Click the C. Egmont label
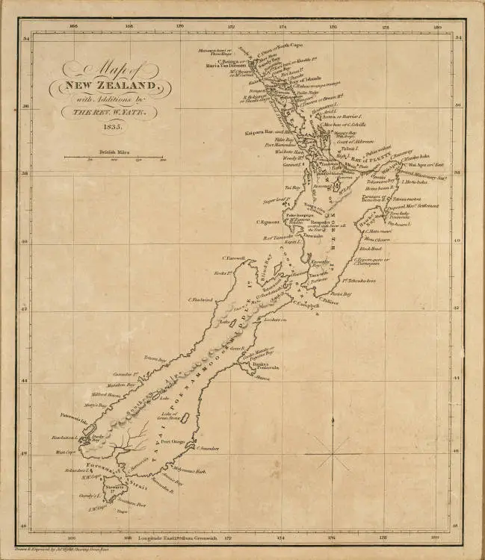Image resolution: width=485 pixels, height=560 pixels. [x=268, y=222]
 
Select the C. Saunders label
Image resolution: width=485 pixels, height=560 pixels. [x=206, y=449]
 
